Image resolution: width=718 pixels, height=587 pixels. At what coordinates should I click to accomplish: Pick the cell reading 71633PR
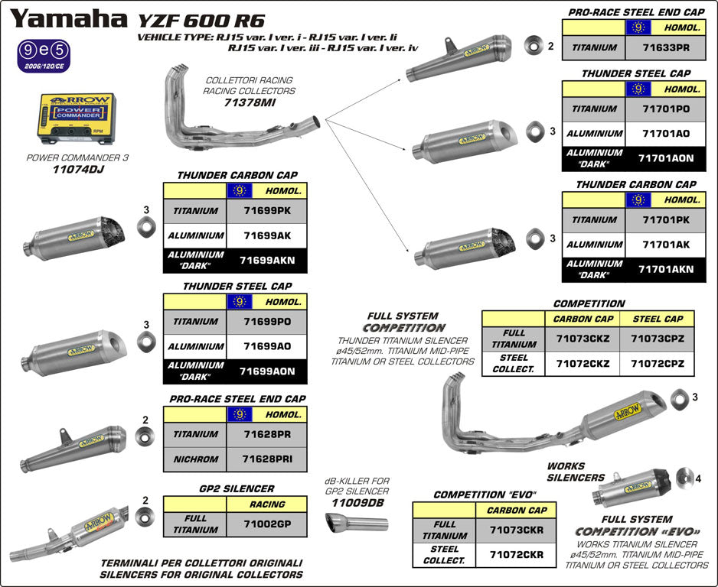point(661,47)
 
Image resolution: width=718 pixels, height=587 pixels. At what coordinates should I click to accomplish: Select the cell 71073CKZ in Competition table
point(583,338)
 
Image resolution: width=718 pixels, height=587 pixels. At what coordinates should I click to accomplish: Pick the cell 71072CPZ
point(657,363)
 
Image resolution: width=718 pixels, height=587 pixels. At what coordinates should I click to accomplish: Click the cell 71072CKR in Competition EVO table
point(517,554)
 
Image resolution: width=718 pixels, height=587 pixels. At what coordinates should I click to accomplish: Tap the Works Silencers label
point(565,472)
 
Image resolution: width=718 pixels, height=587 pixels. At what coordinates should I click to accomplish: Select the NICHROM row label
point(195,459)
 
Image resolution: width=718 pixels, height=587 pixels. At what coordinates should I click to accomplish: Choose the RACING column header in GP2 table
point(266,504)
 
